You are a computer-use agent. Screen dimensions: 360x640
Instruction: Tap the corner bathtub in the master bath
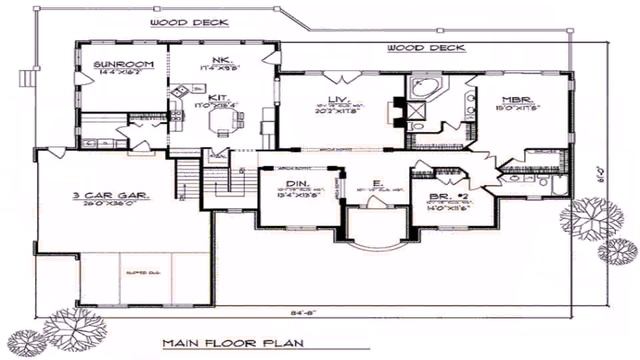coord(424,89)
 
